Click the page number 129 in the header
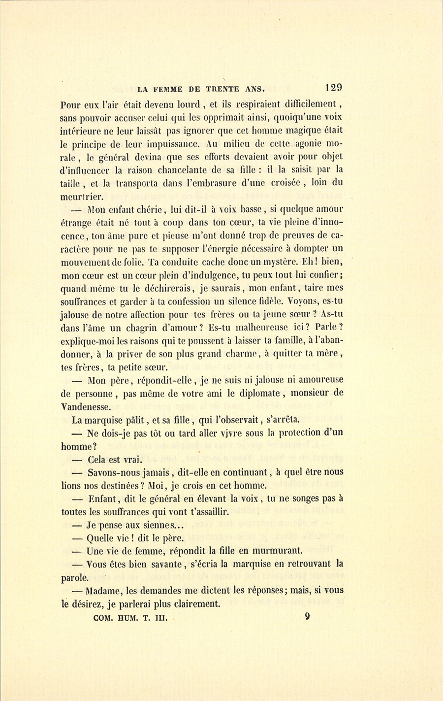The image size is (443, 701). click(333, 89)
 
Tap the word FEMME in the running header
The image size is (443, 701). click(168, 89)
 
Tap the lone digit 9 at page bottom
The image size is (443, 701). click(307, 616)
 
